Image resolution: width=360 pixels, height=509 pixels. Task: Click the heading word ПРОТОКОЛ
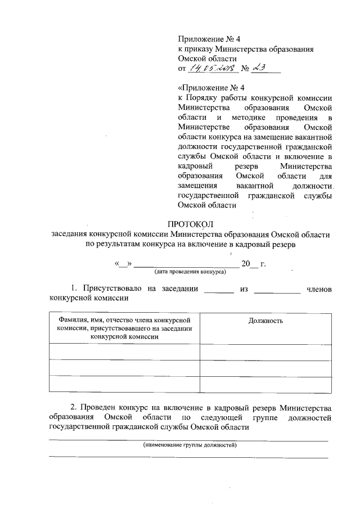pyautogui.click(x=190, y=224)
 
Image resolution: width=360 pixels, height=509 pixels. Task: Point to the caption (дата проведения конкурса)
pyautogui.click(x=190, y=272)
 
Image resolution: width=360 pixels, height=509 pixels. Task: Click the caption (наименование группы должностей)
pyautogui.click(x=190, y=445)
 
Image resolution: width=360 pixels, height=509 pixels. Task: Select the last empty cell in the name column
pyautogui.click(x=124, y=383)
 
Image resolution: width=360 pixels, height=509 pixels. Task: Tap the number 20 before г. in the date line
pyautogui.click(x=245, y=264)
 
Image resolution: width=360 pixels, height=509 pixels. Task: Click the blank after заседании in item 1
pyautogui.click(x=218, y=291)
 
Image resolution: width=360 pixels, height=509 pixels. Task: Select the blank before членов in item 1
pyautogui.click(x=277, y=291)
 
